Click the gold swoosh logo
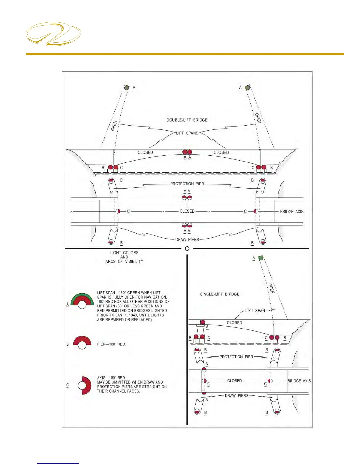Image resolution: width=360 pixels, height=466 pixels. pyautogui.click(x=53, y=34)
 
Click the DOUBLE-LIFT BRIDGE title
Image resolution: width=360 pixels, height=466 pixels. pyautogui.click(x=187, y=120)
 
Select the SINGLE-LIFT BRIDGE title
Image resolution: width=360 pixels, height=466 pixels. pyautogui.click(x=219, y=294)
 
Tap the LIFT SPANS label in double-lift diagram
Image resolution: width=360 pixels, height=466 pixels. pyautogui.click(x=187, y=133)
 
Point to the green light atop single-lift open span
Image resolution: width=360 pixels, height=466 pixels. pyautogui.click(x=261, y=258)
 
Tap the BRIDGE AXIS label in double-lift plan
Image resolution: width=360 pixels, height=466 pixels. pyautogui.click(x=291, y=212)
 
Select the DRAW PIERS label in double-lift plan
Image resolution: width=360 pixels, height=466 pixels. pyautogui.click(x=187, y=239)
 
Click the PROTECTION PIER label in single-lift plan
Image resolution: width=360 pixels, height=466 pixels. pyautogui.click(x=236, y=357)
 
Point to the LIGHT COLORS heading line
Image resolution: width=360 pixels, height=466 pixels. pyautogui.click(x=124, y=253)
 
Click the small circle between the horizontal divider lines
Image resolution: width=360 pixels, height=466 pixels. pyautogui.click(x=187, y=249)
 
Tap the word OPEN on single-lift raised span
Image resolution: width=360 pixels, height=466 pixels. pyautogui.click(x=271, y=288)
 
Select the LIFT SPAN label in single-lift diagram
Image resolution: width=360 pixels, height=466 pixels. pyautogui.click(x=255, y=311)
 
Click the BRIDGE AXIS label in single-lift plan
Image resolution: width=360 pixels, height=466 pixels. pyautogui.click(x=299, y=381)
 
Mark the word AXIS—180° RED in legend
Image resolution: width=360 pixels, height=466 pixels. pyautogui.click(x=111, y=378)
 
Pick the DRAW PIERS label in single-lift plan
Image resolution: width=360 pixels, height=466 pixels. pyautogui.click(x=236, y=396)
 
